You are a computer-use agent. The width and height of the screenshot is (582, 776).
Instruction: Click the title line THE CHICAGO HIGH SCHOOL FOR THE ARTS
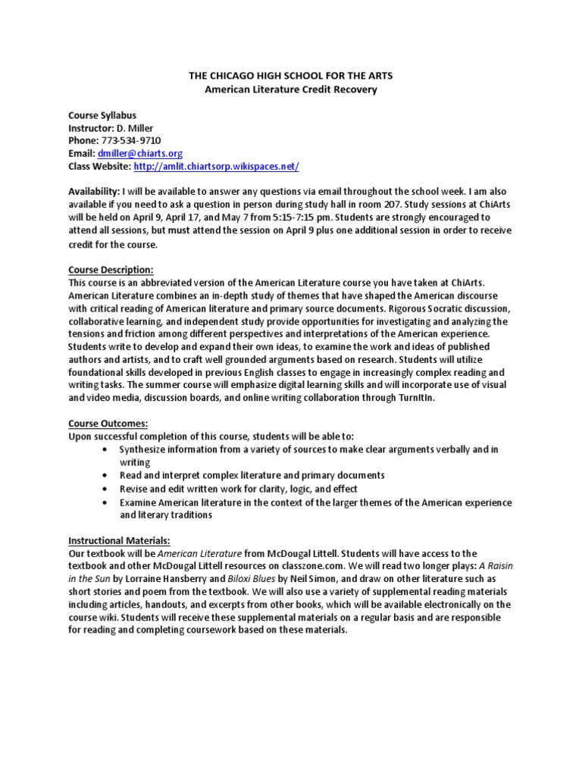click(x=292, y=77)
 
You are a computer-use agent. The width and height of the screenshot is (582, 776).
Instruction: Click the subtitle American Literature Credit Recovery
click(x=292, y=89)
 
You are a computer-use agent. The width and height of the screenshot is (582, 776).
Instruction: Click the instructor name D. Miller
click(x=142, y=128)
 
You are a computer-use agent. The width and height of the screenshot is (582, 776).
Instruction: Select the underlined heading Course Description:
click(x=111, y=270)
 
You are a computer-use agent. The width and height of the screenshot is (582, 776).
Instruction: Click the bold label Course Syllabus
click(x=102, y=115)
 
